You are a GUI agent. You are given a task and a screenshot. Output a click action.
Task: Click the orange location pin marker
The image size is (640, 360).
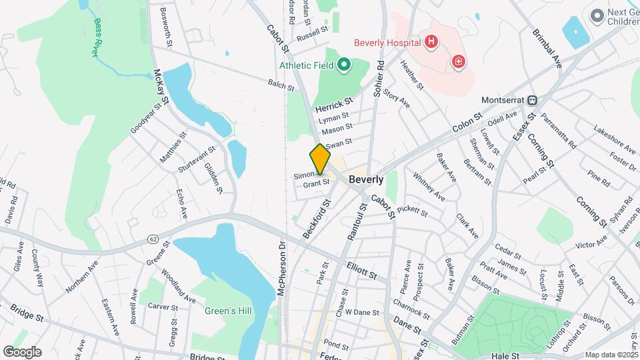tap(320, 159)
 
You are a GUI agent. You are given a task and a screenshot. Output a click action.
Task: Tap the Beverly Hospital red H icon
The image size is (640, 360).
tap(431, 43)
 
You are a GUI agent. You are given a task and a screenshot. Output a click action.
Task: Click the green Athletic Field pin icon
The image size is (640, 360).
tap(343, 65)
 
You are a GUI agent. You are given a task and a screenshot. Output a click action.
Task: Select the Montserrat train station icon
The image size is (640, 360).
tap(532, 101)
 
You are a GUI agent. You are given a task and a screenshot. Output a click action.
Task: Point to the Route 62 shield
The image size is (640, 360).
tap(153, 238)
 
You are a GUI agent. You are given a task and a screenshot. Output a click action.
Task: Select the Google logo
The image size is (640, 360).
tap(22, 352)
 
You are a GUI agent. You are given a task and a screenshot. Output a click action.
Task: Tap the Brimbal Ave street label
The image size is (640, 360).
tap(547, 47)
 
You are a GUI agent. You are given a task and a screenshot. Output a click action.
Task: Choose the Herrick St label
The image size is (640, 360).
tap(333, 105)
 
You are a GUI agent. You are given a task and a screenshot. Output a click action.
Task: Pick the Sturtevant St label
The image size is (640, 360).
tap(196, 160)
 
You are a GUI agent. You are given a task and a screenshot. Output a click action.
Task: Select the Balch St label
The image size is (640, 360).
tap(281, 86)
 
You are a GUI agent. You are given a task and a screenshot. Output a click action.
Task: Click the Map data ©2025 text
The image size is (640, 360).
tap(611, 355)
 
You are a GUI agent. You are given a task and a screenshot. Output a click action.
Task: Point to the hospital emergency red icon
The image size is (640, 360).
tap(458, 62)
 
